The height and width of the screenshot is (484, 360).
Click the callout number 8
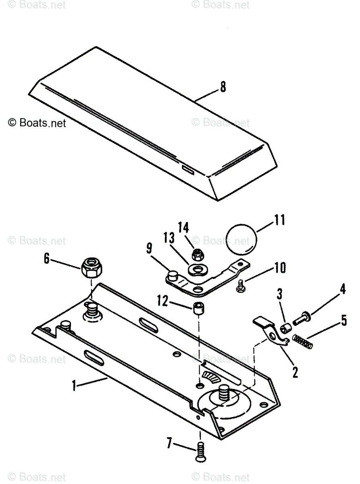point(223,87)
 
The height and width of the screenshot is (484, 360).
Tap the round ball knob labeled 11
point(241,240)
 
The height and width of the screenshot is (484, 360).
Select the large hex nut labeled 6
point(92,267)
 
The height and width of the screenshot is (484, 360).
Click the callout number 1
point(74,386)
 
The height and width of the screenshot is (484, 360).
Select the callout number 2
point(295,372)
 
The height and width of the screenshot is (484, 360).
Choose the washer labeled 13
point(198,269)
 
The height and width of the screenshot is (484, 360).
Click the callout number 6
point(47,259)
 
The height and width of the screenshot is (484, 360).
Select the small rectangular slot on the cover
point(187,169)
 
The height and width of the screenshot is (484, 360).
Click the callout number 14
point(183,228)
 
